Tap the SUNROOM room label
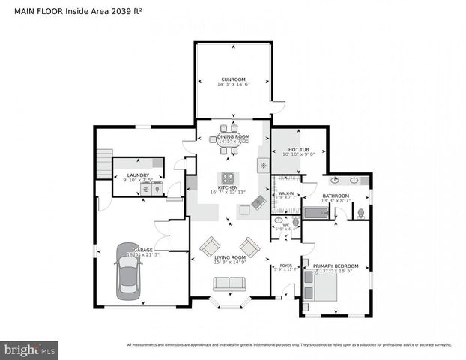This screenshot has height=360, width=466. tap(232, 79)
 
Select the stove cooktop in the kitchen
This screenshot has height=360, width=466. tap(228, 179)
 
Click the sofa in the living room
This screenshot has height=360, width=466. tap(229, 283)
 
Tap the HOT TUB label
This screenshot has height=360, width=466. tap(299, 149)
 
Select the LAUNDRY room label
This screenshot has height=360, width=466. tap(138, 175)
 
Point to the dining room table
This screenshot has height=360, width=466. tap(229, 149)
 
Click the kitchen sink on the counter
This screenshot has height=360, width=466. tap(262, 165)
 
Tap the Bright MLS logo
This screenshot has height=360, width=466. tap(30, 349)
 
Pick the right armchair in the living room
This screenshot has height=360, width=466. tap(249, 246)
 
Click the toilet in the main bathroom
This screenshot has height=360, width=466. tap(360, 213)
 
